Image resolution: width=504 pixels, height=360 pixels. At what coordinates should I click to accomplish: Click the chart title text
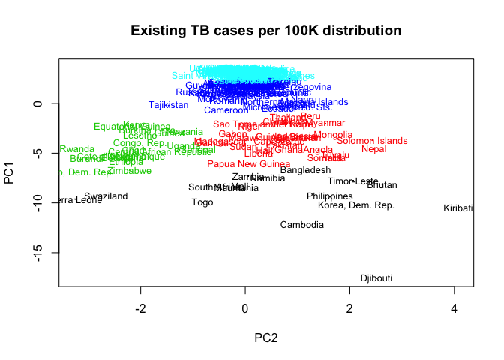point(266,31)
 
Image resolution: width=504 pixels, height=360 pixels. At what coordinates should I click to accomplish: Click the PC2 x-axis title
point(265,338)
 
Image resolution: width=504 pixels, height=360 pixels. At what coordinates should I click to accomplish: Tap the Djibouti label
point(376,278)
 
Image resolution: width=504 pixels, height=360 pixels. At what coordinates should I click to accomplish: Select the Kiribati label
point(458,208)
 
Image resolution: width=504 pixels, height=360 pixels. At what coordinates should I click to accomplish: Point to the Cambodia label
point(302,225)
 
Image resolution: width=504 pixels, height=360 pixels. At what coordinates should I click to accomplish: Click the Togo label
point(202,202)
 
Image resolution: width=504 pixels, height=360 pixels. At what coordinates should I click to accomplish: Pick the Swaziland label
point(106,196)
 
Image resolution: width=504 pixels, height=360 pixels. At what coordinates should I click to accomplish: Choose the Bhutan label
point(382,185)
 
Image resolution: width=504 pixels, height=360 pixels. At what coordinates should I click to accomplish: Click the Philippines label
point(329,196)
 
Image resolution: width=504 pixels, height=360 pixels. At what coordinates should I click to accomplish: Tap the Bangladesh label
point(305,170)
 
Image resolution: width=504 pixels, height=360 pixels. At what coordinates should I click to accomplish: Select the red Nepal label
point(374,149)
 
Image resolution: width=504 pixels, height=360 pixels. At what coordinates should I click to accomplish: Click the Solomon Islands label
point(372,141)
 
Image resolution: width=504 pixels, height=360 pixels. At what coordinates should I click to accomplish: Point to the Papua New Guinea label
point(248,164)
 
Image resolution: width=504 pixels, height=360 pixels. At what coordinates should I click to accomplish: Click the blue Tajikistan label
point(168,105)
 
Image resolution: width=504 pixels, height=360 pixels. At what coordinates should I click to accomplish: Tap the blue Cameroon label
point(226,111)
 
